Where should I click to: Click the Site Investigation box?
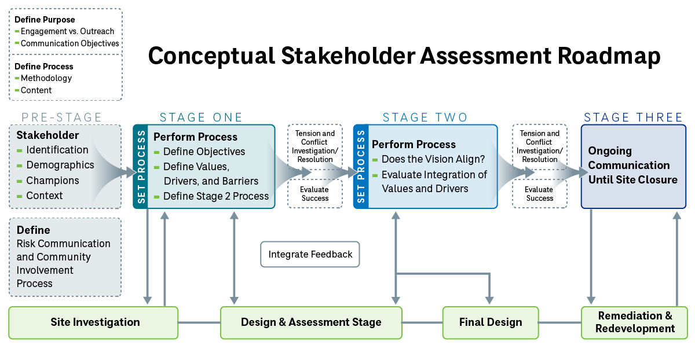(x=93, y=322)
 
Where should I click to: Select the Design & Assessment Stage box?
(x=311, y=322)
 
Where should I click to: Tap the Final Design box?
(x=491, y=322)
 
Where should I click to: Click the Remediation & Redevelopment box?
(x=635, y=322)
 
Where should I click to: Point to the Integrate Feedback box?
(x=310, y=254)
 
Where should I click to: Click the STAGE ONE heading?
(x=201, y=117)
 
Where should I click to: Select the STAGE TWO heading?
(x=425, y=117)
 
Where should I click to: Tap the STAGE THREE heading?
(x=634, y=117)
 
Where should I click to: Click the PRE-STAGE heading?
(x=62, y=117)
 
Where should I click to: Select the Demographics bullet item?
(x=60, y=165)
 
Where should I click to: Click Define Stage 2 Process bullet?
(x=215, y=196)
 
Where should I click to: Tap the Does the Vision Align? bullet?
(x=433, y=159)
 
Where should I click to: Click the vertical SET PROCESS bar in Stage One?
(x=140, y=167)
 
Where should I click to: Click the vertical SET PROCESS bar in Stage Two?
(x=360, y=167)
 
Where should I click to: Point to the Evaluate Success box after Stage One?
(x=314, y=194)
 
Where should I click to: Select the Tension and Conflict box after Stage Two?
(x=539, y=146)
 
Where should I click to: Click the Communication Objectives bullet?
(x=69, y=43)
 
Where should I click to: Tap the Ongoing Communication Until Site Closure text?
(x=632, y=166)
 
